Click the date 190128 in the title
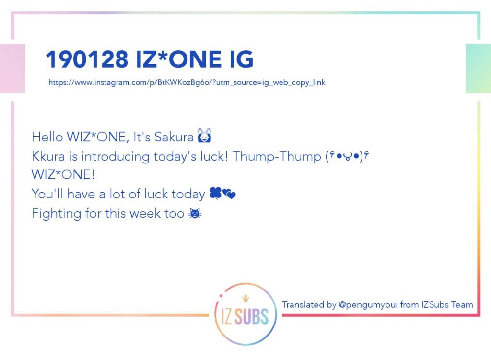pyautogui.click(x=87, y=59)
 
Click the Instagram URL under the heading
pyautogui.click(x=187, y=82)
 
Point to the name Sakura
pyautogui.click(x=174, y=137)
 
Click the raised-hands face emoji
pyautogui.click(x=204, y=135)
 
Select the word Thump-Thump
pyautogui.click(x=277, y=156)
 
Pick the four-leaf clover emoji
pyautogui.click(x=215, y=193)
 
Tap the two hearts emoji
pyautogui.click(x=229, y=194)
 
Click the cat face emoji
pyautogui.click(x=195, y=213)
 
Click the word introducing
pyautogui.click(x=116, y=157)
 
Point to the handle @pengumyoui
pyautogui.click(x=368, y=304)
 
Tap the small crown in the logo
pyautogui.click(x=246, y=298)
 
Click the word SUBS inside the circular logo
pyautogui.click(x=251, y=316)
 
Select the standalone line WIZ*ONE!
pyautogui.click(x=63, y=174)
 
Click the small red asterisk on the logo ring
pyautogui.click(x=221, y=296)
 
